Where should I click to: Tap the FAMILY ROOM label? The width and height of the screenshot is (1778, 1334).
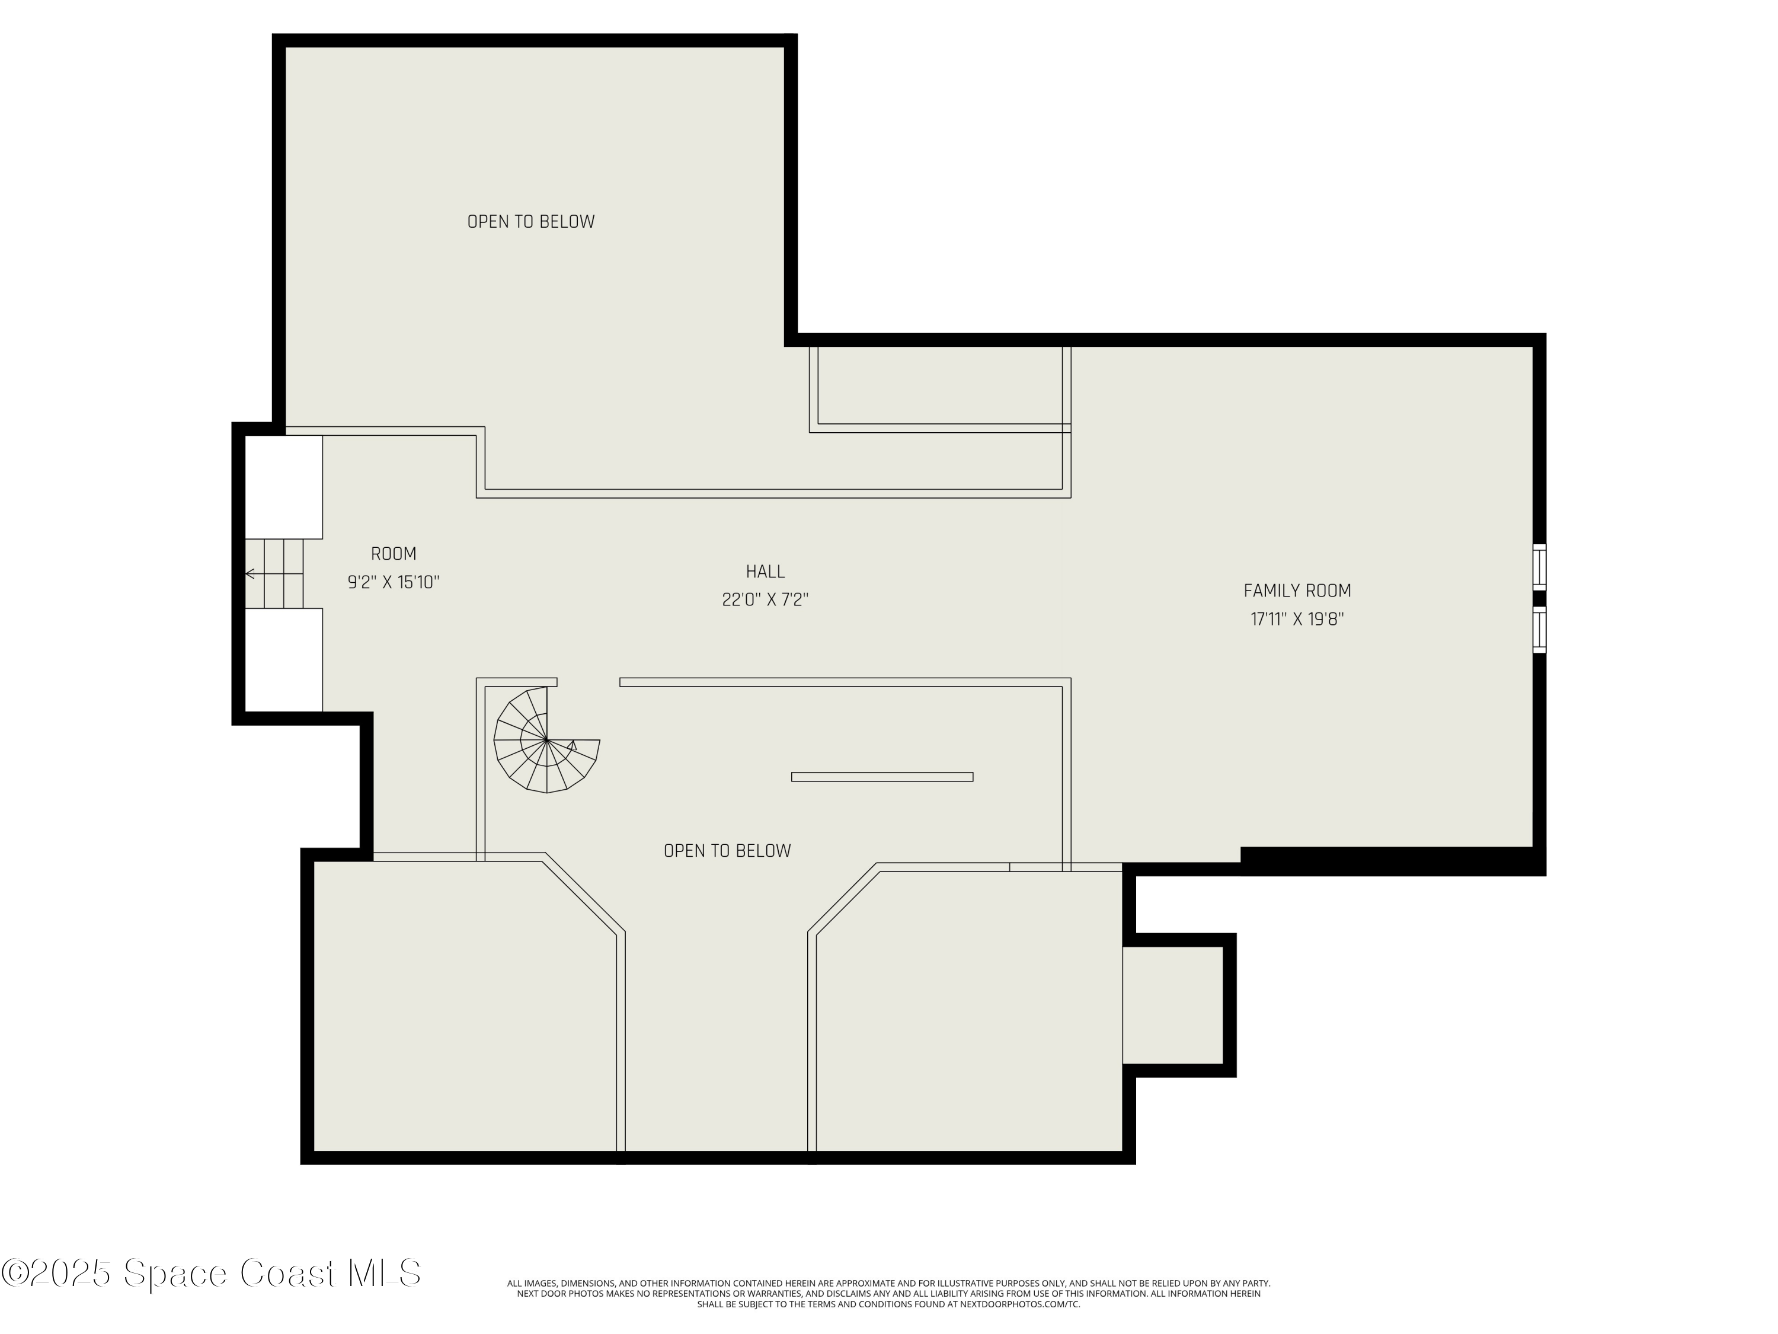pyautogui.click(x=1297, y=591)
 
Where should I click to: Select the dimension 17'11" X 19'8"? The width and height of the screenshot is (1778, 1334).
pyautogui.click(x=1297, y=619)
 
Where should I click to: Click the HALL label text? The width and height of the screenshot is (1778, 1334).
pyautogui.click(x=765, y=572)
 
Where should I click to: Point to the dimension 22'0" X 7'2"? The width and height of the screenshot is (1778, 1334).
pyautogui.click(x=765, y=600)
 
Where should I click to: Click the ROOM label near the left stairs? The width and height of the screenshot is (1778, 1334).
pyautogui.click(x=393, y=554)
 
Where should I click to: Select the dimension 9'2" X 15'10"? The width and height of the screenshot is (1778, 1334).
pyautogui.click(x=393, y=582)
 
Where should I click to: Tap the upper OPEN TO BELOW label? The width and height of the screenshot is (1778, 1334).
pyautogui.click(x=530, y=222)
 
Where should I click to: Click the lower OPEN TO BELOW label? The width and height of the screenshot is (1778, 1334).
pyautogui.click(x=727, y=851)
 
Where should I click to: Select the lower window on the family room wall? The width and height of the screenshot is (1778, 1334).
pyautogui.click(x=1539, y=630)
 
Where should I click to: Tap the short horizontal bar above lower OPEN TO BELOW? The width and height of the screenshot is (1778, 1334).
pyautogui.click(x=882, y=777)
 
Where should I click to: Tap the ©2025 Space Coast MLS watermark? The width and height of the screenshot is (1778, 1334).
pyautogui.click(x=210, y=1273)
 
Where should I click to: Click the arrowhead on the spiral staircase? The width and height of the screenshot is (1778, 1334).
pyautogui.click(x=573, y=745)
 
